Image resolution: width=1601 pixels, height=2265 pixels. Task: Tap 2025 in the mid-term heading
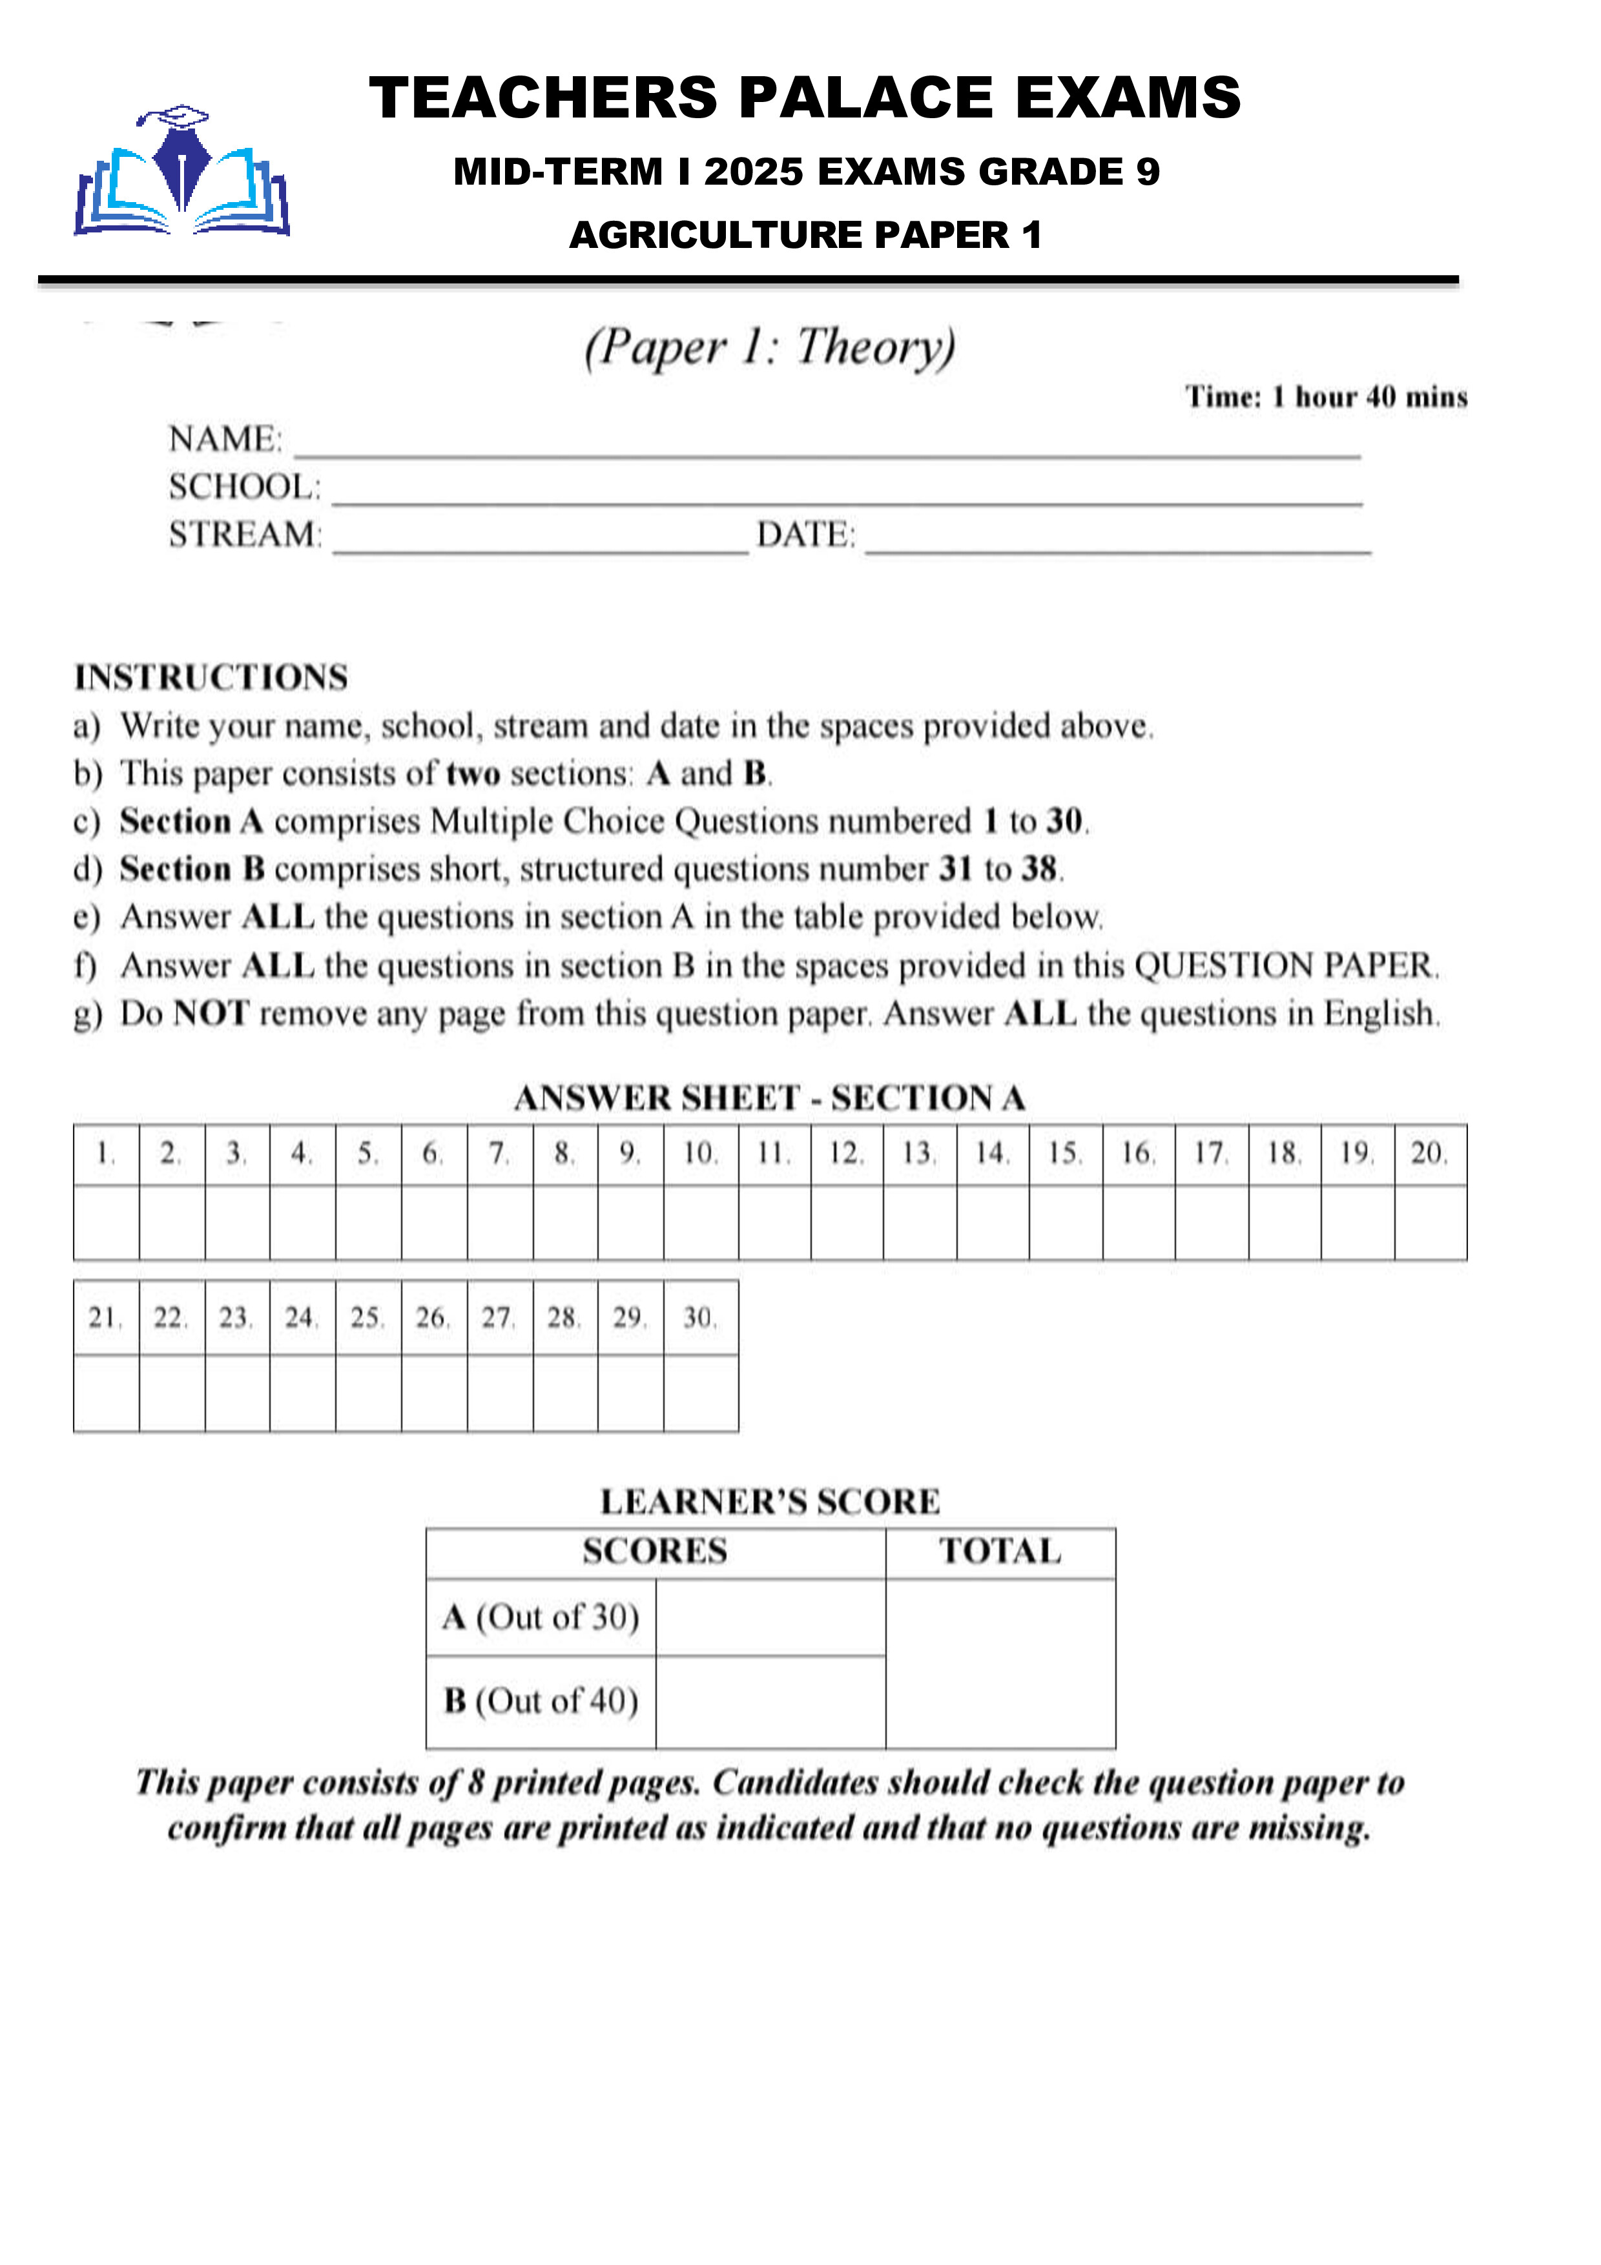(x=754, y=172)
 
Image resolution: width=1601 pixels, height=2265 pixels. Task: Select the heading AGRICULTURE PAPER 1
(x=805, y=235)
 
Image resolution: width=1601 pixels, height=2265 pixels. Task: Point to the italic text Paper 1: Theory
(x=769, y=347)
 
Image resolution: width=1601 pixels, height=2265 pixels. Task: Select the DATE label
(x=805, y=535)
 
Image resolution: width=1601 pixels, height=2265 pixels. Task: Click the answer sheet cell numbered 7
(x=499, y=1153)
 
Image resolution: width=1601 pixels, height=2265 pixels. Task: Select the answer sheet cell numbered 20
(x=1429, y=1153)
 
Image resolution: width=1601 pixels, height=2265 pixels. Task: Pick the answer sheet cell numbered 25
(x=367, y=1318)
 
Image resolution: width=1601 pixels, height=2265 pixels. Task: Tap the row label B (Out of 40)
(x=541, y=1701)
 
